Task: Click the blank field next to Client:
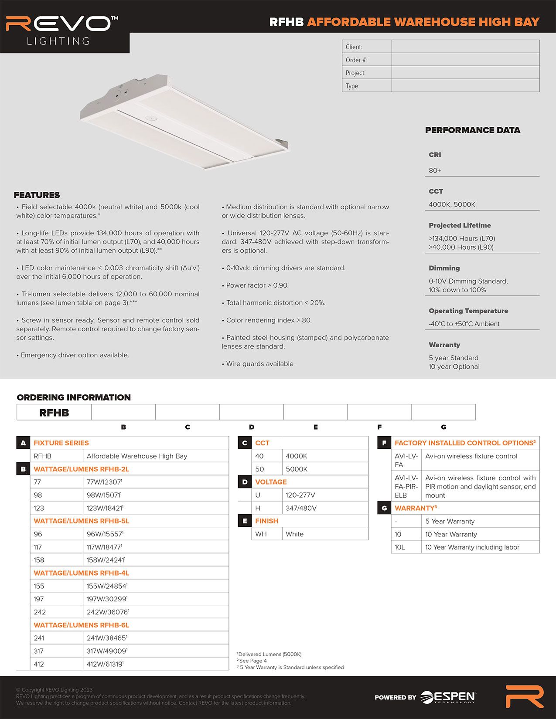click(465, 47)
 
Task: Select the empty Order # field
click(465, 60)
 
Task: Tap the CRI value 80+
click(435, 170)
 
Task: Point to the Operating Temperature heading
click(468, 311)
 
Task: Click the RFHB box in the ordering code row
click(54, 412)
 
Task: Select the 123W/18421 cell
click(105, 508)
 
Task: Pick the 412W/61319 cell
click(105, 664)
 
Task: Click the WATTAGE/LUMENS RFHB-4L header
click(82, 573)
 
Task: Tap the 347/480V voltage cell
click(301, 508)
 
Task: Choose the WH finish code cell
click(261, 534)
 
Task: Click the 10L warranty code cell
click(400, 547)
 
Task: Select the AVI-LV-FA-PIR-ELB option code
click(406, 486)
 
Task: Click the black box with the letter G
click(384, 508)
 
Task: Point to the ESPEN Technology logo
click(448, 697)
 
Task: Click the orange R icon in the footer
click(524, 696)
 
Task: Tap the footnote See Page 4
click(253, 661)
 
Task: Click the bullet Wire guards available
click(259, 364)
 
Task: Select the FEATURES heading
click(37, 195)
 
